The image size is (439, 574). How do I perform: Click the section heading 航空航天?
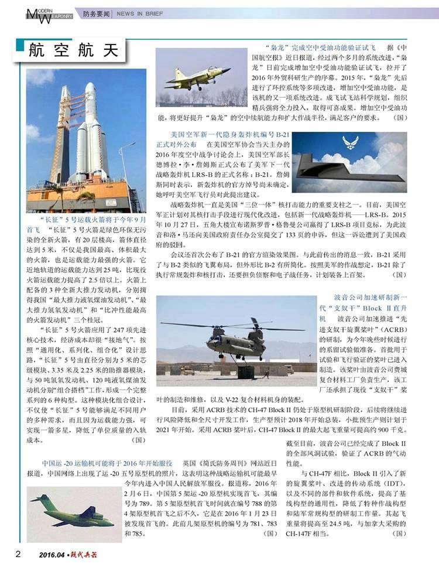[x=73, y=51]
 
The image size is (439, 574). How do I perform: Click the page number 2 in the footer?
[x=18, y=554]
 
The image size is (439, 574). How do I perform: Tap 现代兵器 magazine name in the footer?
[x=84, y=555]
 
